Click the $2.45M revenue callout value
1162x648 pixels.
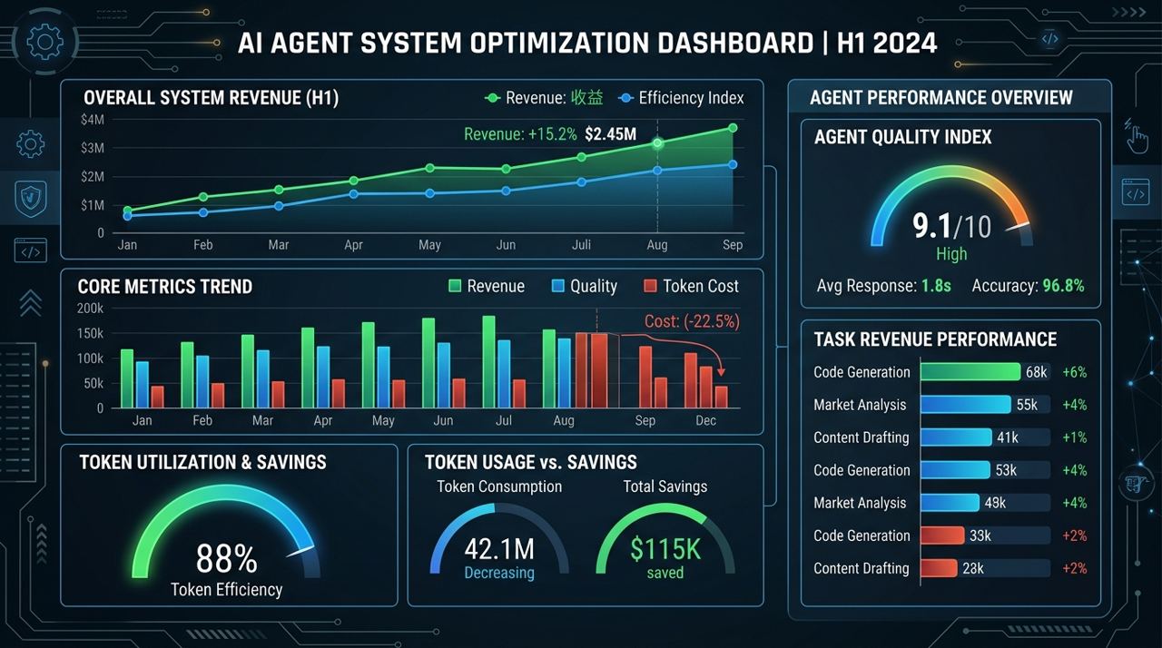tap(610, 134)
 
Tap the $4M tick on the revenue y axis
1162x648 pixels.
tap(92, 120)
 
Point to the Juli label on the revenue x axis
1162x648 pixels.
tap(581, 245)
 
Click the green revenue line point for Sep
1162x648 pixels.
tap(733, 128)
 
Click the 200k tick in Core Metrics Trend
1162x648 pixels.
tap(91, 309)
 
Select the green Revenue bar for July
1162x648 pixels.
tap(488, 361)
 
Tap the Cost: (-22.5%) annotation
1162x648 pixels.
tap(692, 321)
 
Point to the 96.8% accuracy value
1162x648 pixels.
tap(1063, 286)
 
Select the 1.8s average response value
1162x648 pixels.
tap(935, 286)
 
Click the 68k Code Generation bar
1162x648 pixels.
tap(970, 372)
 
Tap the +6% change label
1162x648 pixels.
tap(1075, 372)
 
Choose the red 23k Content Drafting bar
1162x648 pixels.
tap(938, 568)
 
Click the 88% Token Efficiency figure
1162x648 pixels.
tap(227, 558)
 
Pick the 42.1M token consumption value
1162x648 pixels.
tap(499, 549)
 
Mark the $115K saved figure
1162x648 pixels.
tap(665, 549)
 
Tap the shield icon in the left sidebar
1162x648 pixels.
tap(31, 195)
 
